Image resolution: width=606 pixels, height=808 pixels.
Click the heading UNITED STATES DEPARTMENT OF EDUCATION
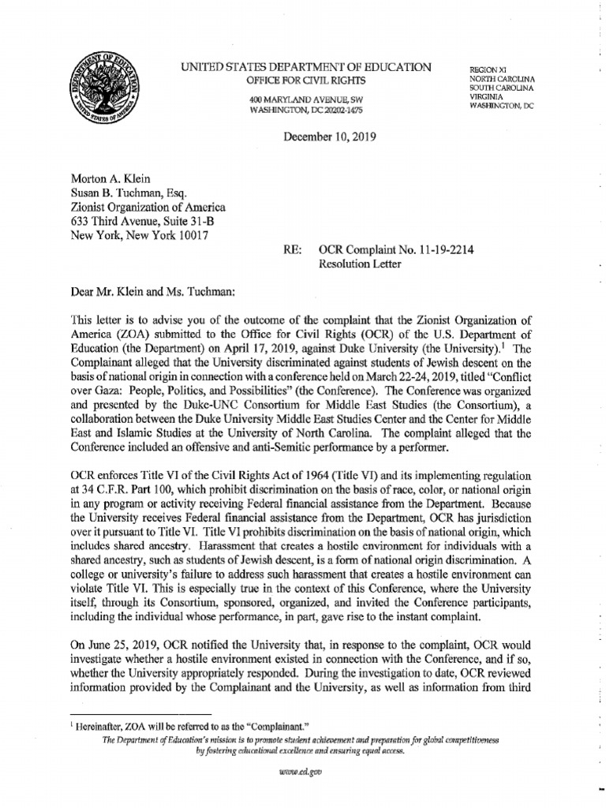tap(306, 69)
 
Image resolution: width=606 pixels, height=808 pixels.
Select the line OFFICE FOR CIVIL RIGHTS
tap(305, 82)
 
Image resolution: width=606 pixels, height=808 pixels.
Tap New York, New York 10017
tap(140, 236)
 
